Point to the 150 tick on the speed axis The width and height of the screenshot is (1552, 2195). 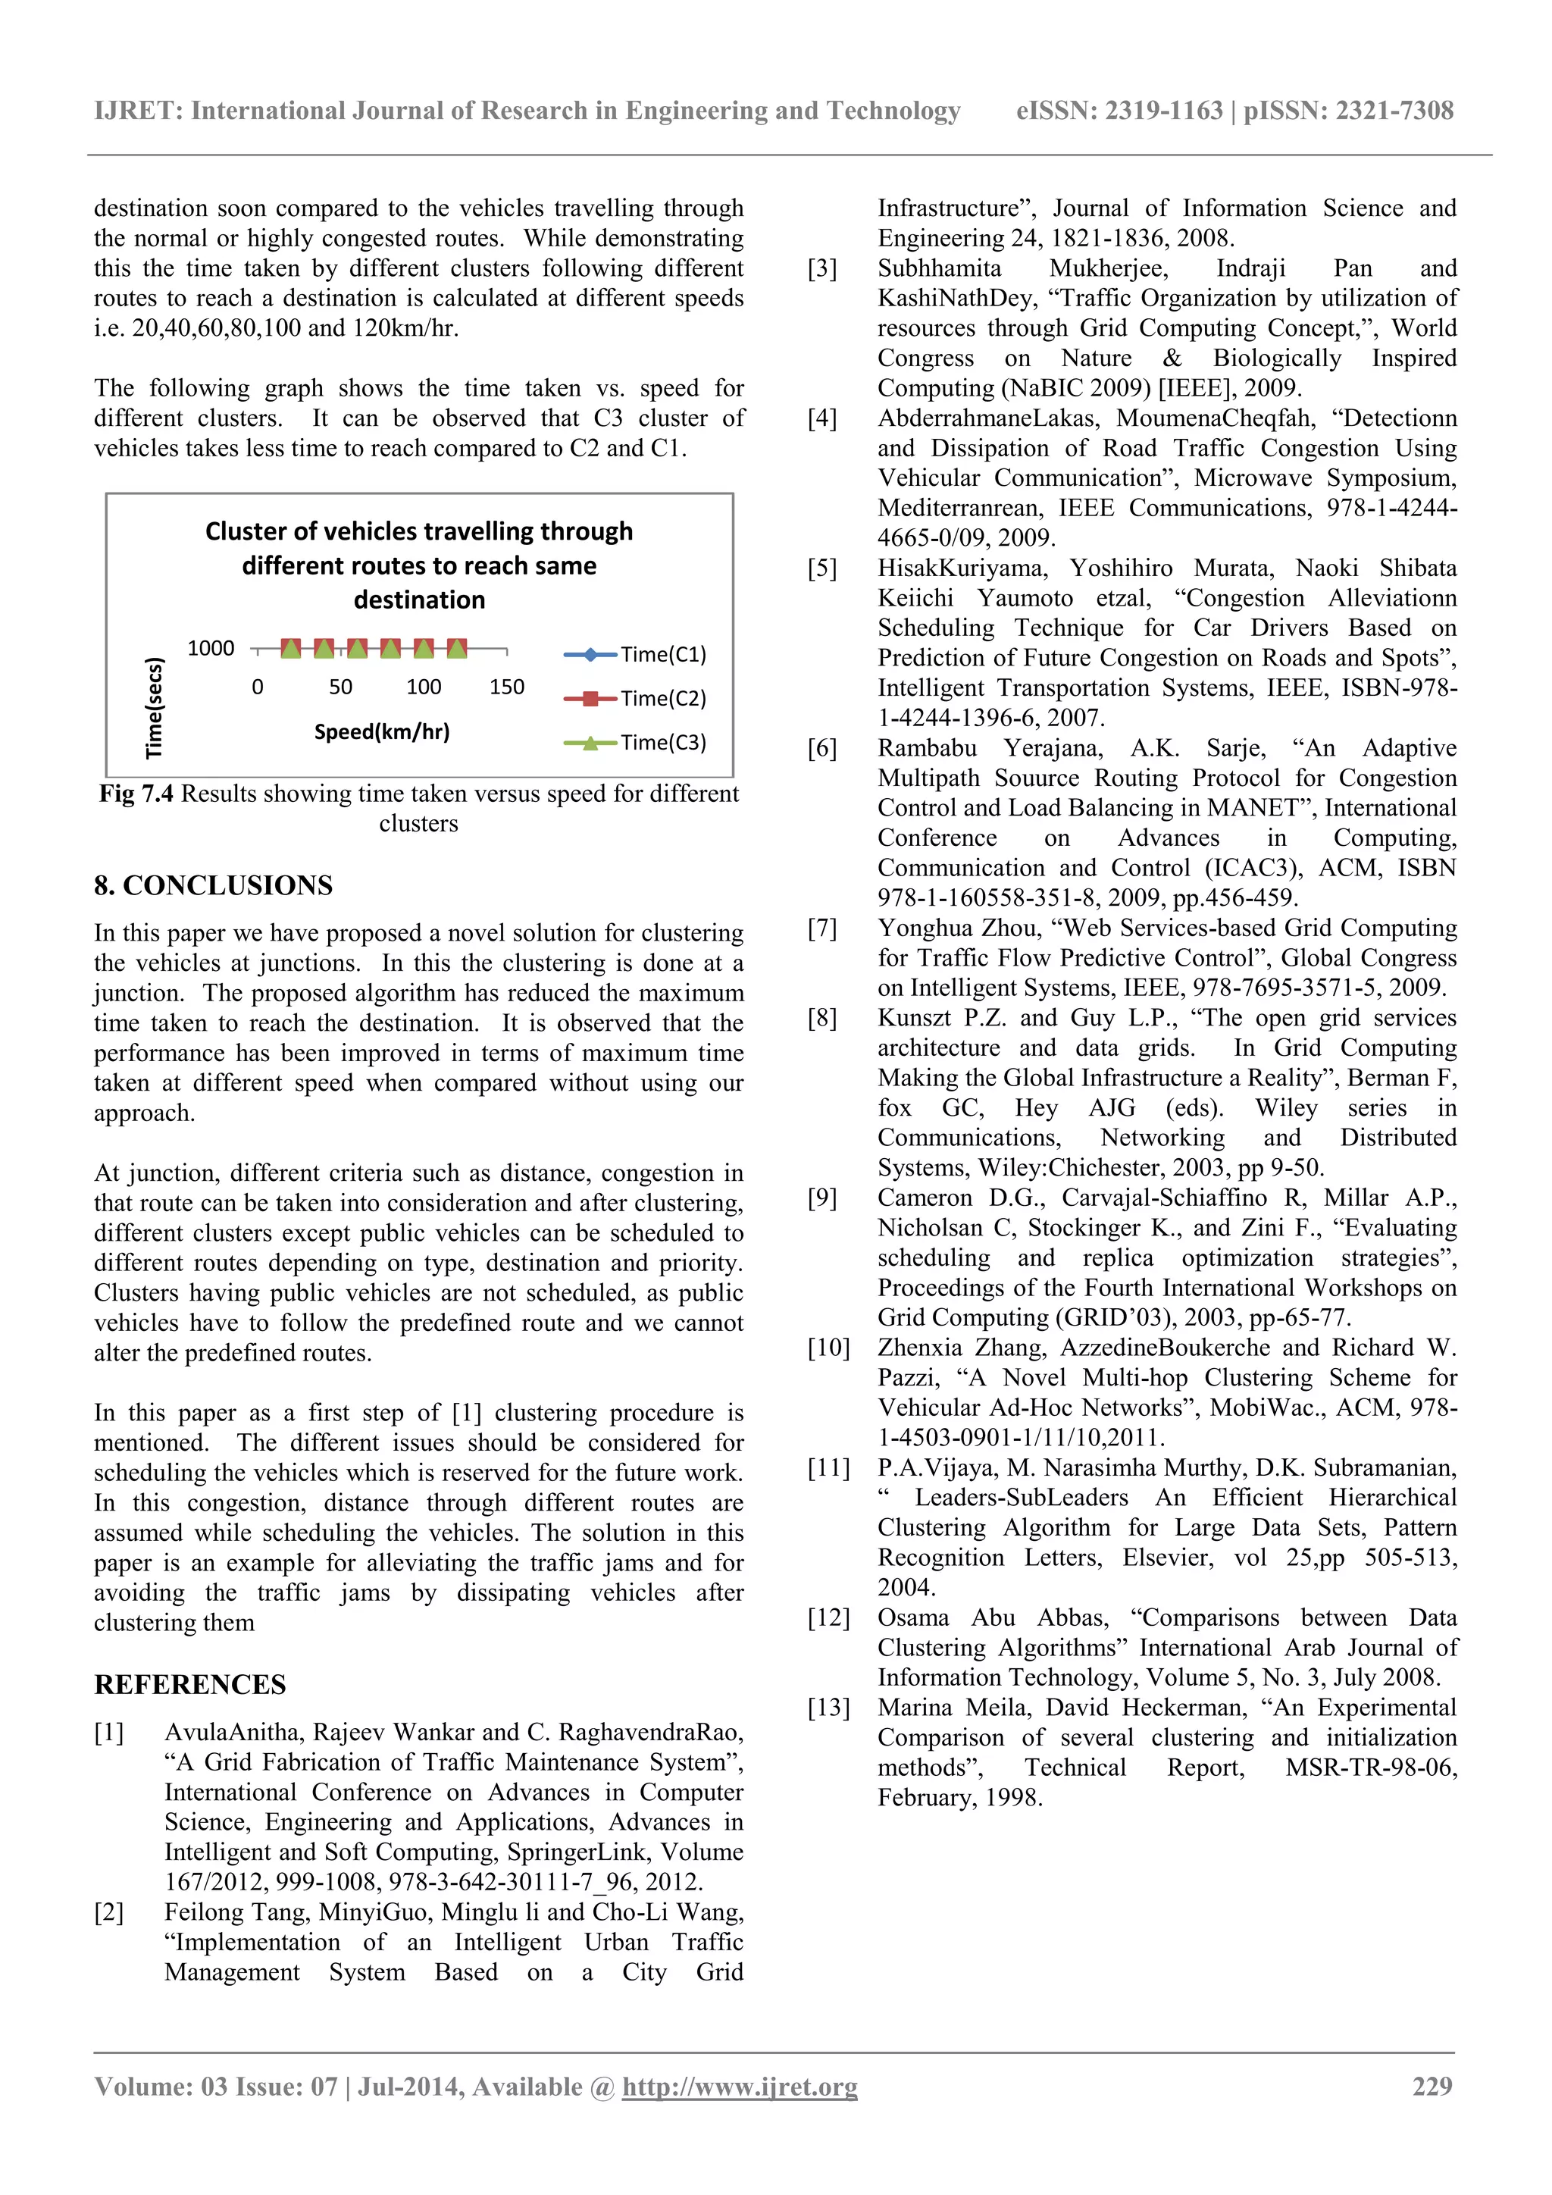click(x=506, y=687)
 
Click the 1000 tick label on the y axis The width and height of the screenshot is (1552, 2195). click(x=210, y=649)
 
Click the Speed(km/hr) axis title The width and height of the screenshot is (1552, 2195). click(x=381, y=732)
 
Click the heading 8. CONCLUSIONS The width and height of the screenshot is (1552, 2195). click(x=213, y=885)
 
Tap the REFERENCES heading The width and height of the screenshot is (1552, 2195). click(x=189, y=1684)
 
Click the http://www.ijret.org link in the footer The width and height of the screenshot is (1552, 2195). click(x=739, y=2086)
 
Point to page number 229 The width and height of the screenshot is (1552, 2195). click(x=1432, y=2086)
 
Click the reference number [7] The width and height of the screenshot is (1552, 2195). click(x=822, y=928)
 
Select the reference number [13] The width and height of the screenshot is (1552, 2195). click(x=828, y=1708)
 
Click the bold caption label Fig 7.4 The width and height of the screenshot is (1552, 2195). click(x=136, y=794)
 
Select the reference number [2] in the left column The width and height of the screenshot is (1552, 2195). click(x=109, y=1912)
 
